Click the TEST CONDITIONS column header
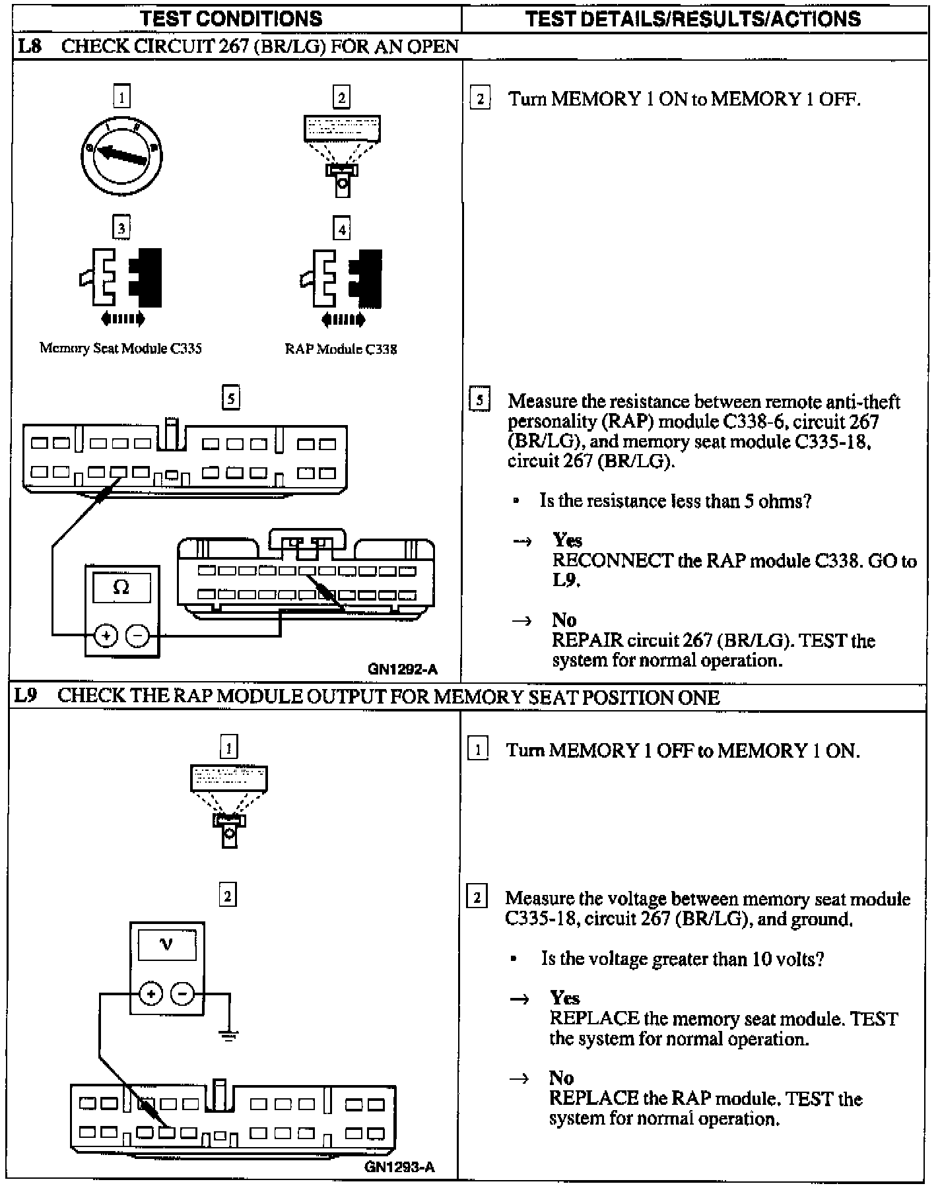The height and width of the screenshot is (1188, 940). (232, 18)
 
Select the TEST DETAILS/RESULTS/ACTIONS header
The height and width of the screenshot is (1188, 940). (693, 18)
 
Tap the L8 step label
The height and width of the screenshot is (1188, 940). (30, 46)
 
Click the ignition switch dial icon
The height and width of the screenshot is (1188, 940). (121, 155)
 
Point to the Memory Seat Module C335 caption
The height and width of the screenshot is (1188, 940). (121, 348)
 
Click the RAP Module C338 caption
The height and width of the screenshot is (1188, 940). (341, 349)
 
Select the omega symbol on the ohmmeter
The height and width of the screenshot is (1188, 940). (121, 587)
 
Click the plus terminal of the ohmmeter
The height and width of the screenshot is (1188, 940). (106, 636)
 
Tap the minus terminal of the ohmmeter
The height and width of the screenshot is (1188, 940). (138, 636)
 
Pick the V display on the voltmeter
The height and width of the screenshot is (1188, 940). (166, 945)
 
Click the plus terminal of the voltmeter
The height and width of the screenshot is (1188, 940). (151, 994)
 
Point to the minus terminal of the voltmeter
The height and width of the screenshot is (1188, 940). (183, 994)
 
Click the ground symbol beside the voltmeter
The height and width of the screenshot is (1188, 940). (228, 1035)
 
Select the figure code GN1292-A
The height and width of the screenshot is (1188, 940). (402, 669)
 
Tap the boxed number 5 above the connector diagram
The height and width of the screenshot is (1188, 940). (230, 399)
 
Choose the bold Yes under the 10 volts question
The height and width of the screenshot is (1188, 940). (565, 997)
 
